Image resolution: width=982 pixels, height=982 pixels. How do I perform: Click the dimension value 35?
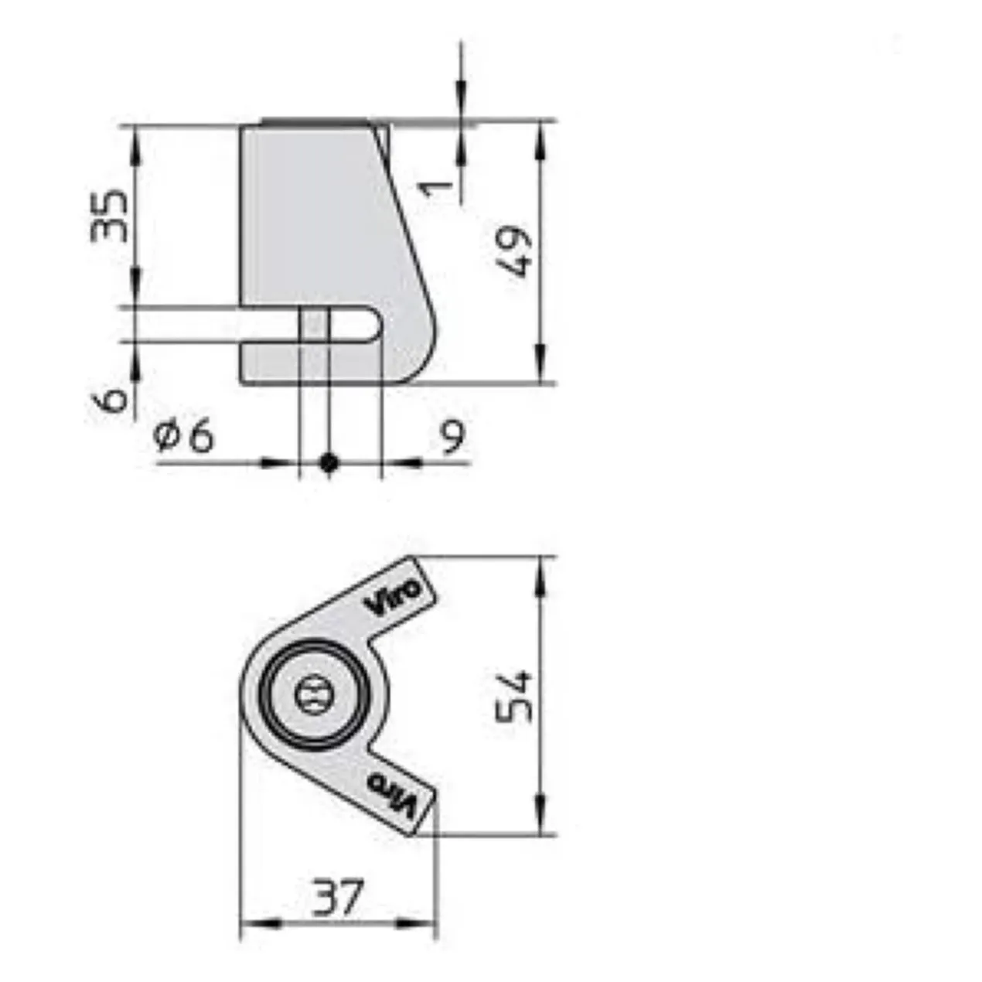click(108, 216)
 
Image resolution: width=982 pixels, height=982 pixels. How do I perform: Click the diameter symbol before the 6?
click(167, 437)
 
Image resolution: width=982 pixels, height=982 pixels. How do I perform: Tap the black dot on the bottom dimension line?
click(329, 462)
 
